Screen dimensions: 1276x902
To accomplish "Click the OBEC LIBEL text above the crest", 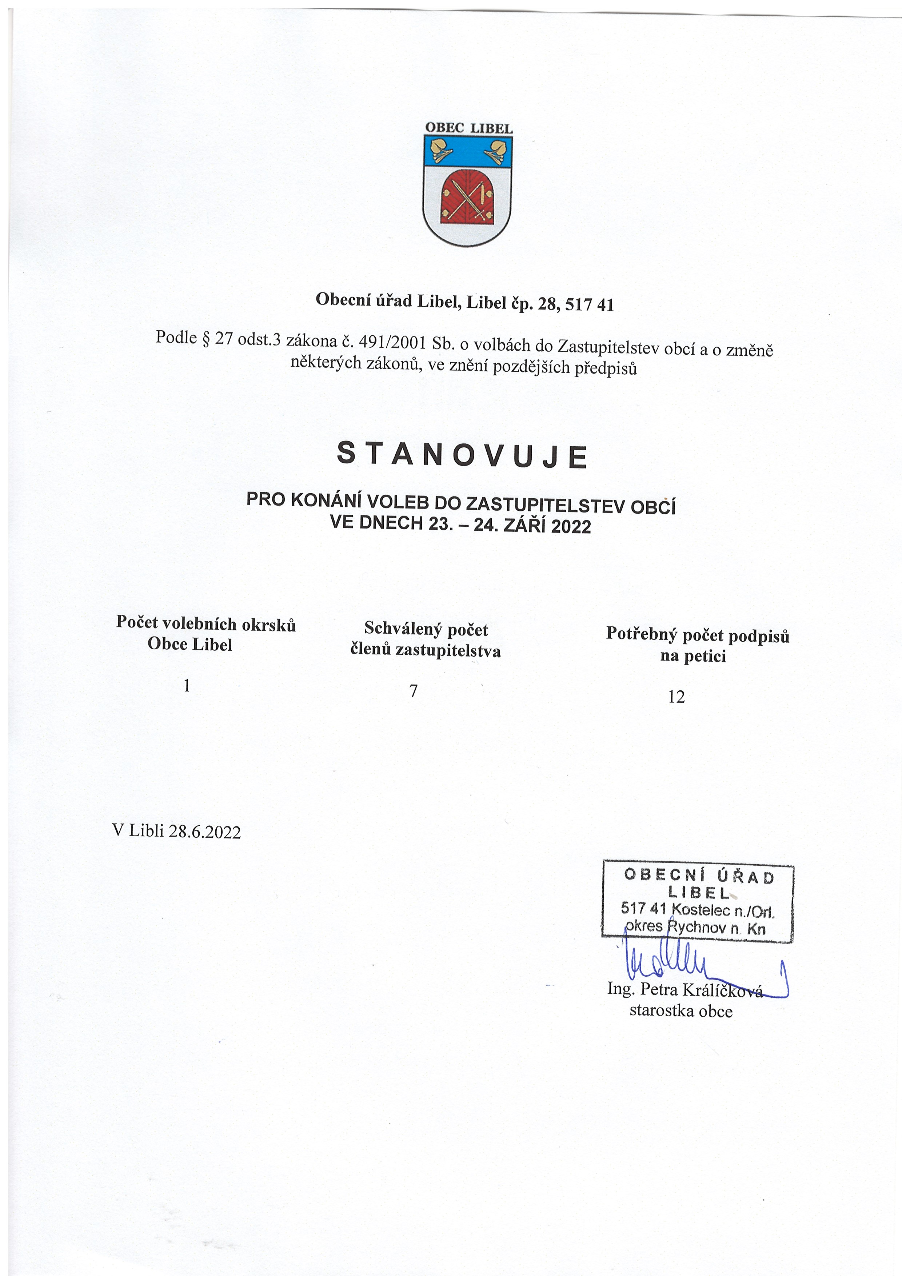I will click(468, 127).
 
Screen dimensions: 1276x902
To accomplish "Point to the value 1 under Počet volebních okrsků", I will click(187, 686).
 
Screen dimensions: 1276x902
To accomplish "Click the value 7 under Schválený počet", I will click(414, 691).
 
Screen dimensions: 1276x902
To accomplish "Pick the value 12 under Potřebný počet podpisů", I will click(676, 697).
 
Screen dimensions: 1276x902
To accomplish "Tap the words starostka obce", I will click(681, 1011).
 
